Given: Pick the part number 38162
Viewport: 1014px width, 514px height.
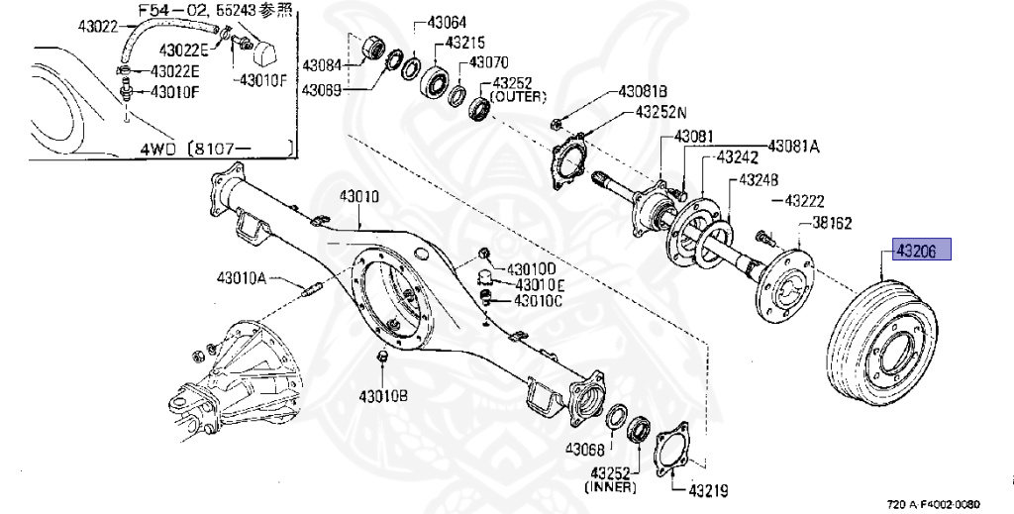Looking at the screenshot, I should tap(832, 224).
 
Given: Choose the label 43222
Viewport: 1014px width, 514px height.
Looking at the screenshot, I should tap(804, 201).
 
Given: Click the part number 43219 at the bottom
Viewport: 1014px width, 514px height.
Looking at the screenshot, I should tap(708, 489).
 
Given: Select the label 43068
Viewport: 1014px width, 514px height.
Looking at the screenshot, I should tap(585, 449).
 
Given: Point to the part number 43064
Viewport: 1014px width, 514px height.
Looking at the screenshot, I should tap(448, 22).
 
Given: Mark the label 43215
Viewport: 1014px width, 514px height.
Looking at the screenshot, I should tap(464, 43).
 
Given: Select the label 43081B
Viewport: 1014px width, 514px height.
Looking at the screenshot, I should tap(643, 91).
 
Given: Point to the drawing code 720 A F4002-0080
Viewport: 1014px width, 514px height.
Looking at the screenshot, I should tap(952, 504).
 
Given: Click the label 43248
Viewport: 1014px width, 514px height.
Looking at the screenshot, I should tap(759, 179).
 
